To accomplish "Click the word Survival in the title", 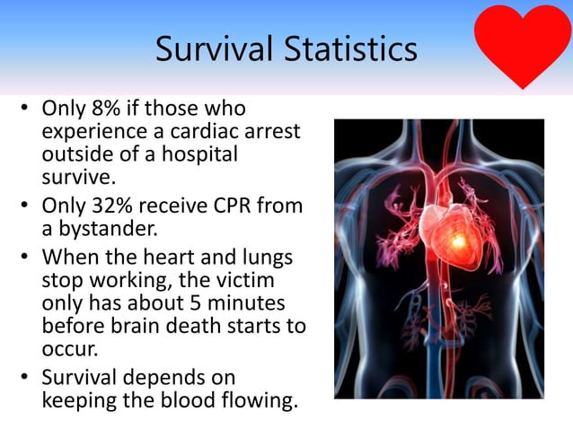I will click(210, 49).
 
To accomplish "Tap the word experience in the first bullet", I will click(88, 131).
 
